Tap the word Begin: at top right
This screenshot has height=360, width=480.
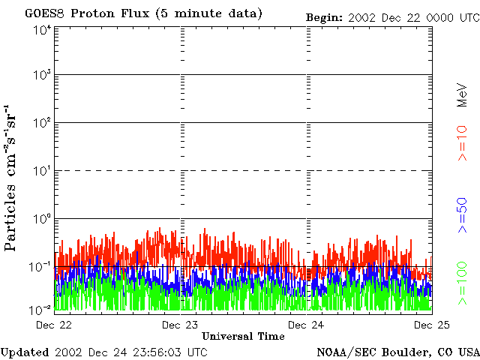[x=324, y=17]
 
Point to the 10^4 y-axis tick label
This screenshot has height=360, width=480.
[x=42, y=29]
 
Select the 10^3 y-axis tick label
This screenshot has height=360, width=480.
[x=42, y=75]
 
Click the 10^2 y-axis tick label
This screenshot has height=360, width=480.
[x=42, y=123]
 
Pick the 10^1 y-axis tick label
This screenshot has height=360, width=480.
[x=42, y=171]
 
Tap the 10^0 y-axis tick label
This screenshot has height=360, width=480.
[x=42, y=219]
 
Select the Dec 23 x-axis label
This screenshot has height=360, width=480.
[x=180, y=324]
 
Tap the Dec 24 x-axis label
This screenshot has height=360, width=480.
[x=306, y=324]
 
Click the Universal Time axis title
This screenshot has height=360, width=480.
[x=243, y=336]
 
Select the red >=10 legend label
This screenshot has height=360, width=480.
[x=463, y=142]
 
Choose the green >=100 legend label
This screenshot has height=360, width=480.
[x=463, y=282]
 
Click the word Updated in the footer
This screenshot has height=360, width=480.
[x=25, y=352]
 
